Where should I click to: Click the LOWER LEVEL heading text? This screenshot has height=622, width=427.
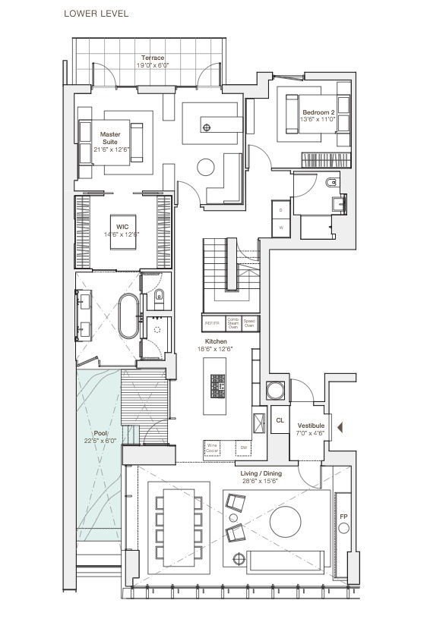(96, 14)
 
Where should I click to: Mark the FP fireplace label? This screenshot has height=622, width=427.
(343, 517)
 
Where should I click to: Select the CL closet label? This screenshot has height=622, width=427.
(280, 420)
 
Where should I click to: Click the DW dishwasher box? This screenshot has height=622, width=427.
(244, 448)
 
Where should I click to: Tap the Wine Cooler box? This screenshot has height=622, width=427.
(214, 448)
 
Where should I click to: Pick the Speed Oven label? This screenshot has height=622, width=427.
(249, 322)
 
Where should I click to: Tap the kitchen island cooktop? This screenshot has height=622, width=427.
(217, 387)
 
